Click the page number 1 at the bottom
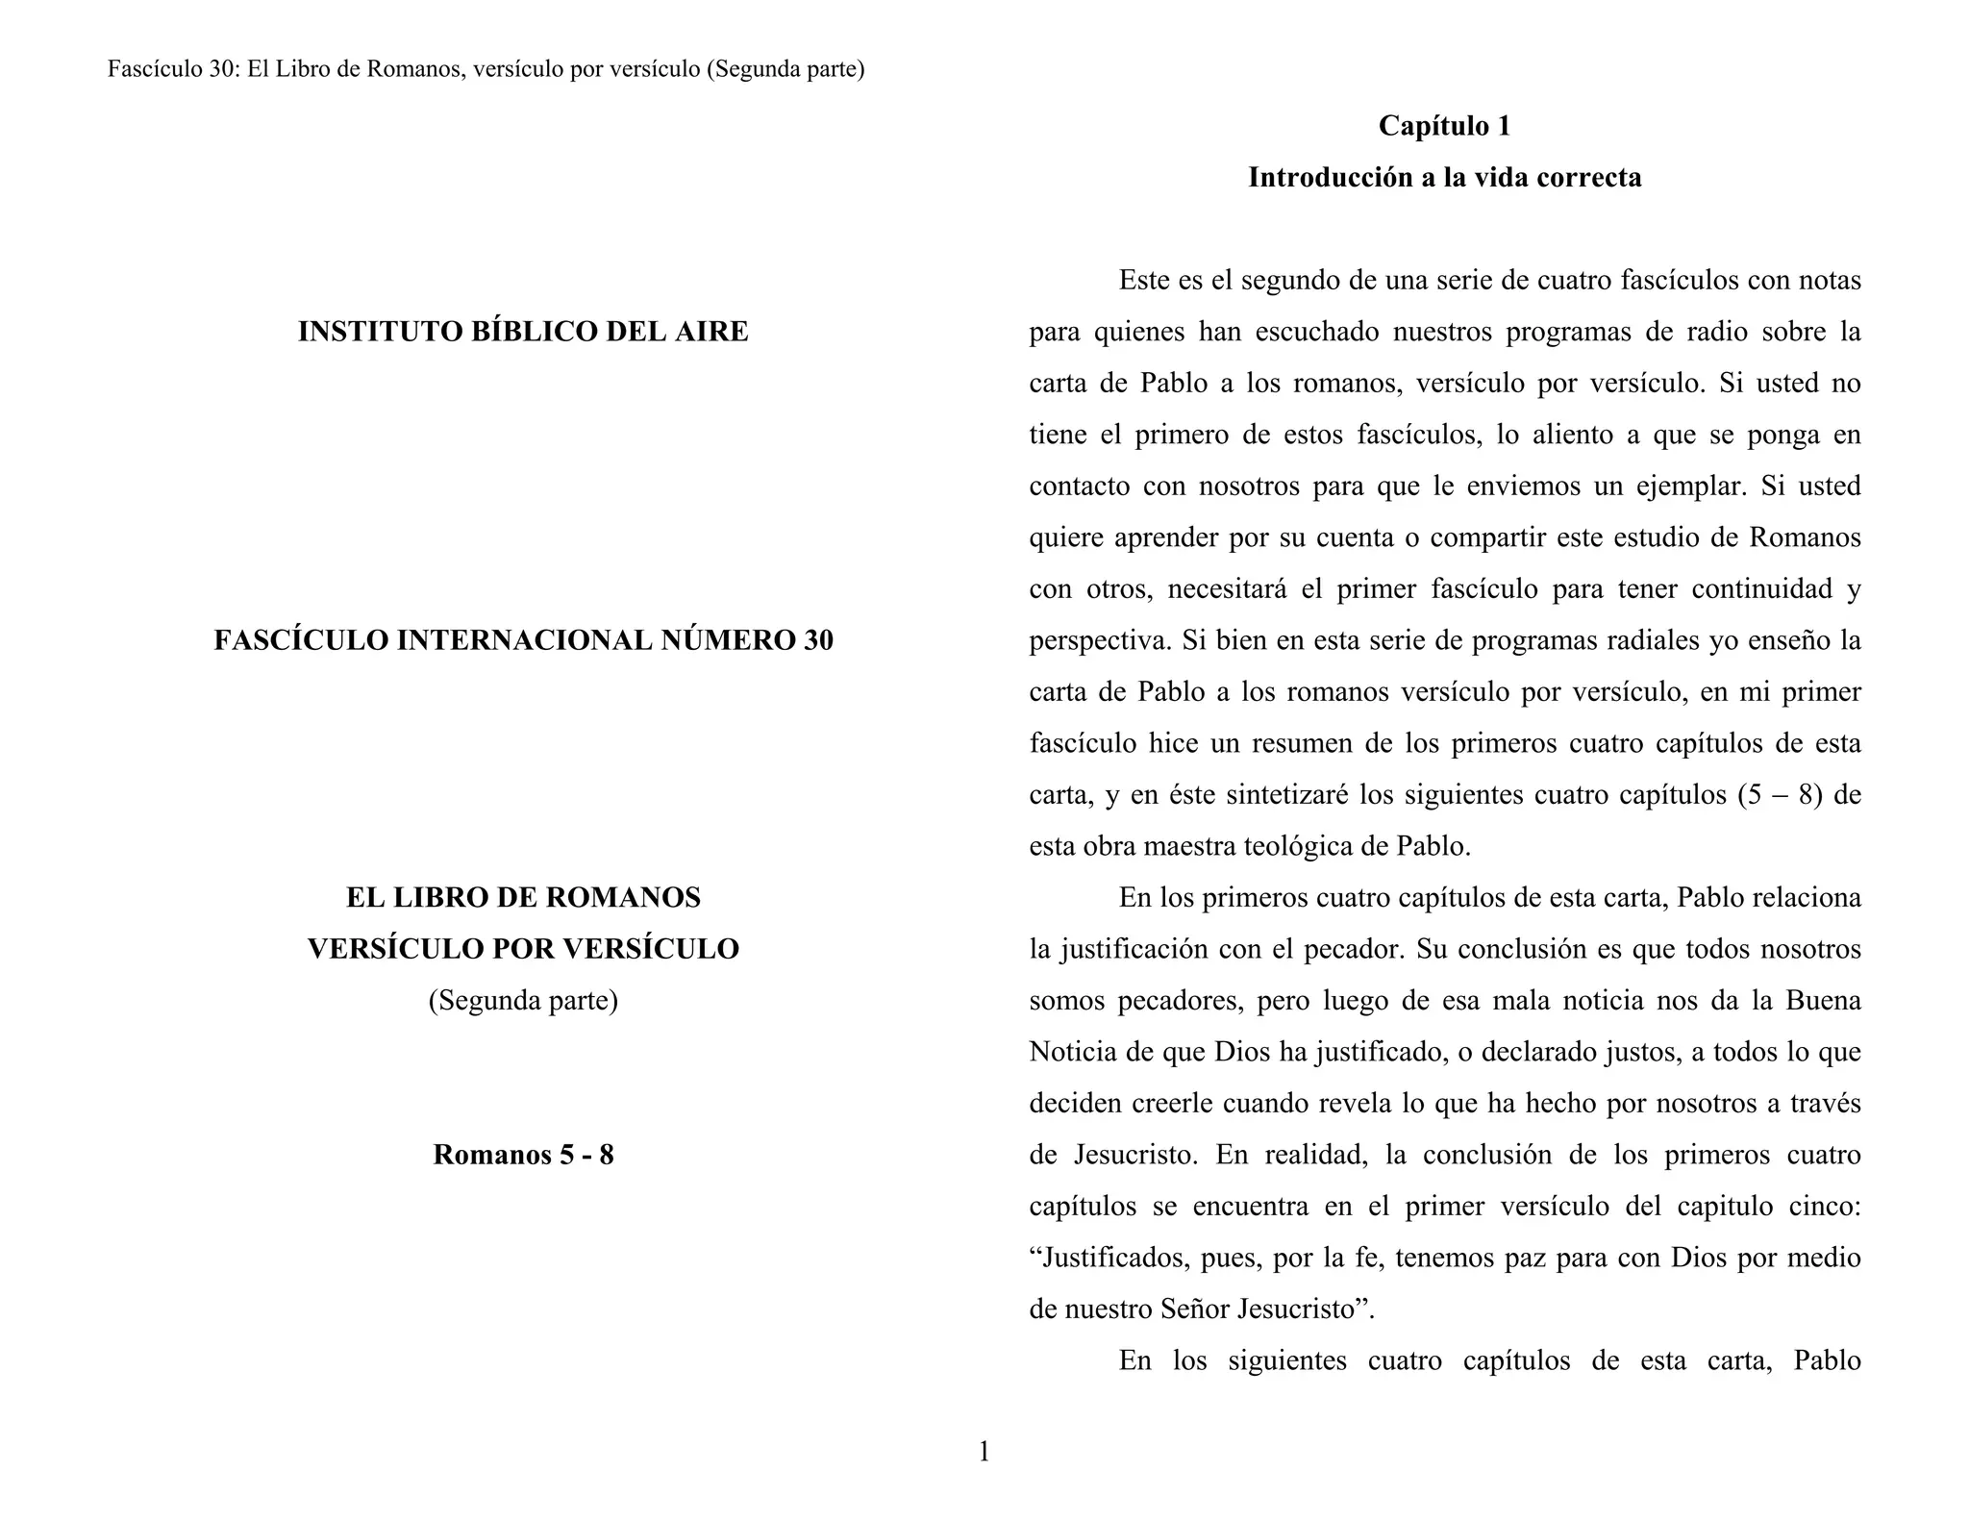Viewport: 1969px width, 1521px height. pyautogui.click(x=984, y=1452)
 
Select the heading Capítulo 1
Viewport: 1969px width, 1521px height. pyautogui.click(x=1444, y=126)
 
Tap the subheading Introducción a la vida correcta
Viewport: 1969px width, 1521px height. pyautogui.click(x=1444, y=178)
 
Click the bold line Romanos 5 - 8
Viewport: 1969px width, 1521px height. pyautogui.click(x=523, y=1155)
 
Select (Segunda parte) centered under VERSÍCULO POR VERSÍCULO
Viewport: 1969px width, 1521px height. pyautogui.click(x=523, y=1001)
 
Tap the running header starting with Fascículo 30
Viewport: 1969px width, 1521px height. pyautogui.click(x=486, y=69)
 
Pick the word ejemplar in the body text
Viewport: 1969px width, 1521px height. pyautogui.click(x=1690, y=486)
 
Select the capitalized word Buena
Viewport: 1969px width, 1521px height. pyautogui.click(x=1823, y=1001)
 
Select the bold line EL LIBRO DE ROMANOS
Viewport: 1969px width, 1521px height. pyautogui.click(x=523, y=898)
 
